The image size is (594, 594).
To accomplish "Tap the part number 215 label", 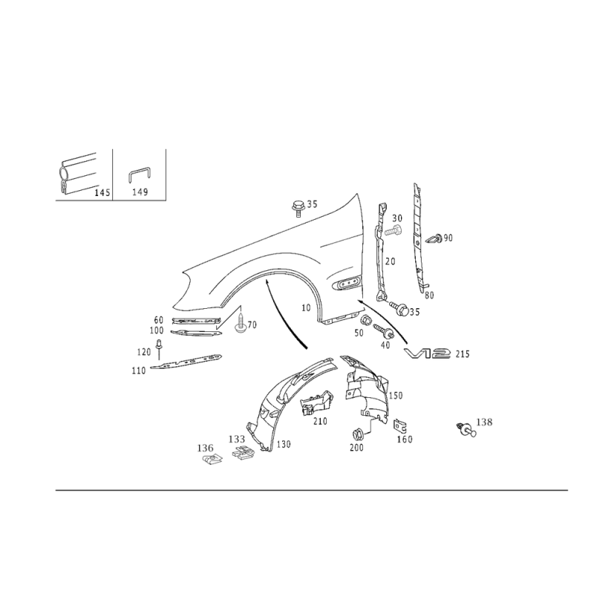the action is click(x=462, y=354).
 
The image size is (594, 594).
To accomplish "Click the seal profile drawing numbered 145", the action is click(x=78, y=176).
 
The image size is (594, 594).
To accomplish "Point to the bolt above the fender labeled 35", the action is click(x=298, y=208).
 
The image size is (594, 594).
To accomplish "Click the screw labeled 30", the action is click(x=394, y=230).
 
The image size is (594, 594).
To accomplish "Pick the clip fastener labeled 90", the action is click(x=434, y=239).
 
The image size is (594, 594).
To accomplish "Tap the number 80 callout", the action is click(x=429, y=295).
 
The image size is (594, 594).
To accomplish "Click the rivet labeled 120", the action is click(x=159, y=349).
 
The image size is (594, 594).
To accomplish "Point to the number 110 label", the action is click(x=139, y=371).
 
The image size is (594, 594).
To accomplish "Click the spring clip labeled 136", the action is click(x=211, y=460).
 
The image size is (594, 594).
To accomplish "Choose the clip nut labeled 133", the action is click(x=243, y=452).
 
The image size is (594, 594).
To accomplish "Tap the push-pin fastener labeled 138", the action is click(x=466, y=429).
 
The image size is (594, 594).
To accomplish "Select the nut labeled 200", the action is click(x=357, y=434).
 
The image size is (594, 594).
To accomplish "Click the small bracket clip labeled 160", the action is click(x=399, y=426).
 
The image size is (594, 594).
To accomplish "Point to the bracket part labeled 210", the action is click(x=316, y=403).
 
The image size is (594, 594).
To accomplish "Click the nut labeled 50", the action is click(x=365, y=322).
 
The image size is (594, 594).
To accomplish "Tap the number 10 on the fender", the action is click(x=306, y=308).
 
